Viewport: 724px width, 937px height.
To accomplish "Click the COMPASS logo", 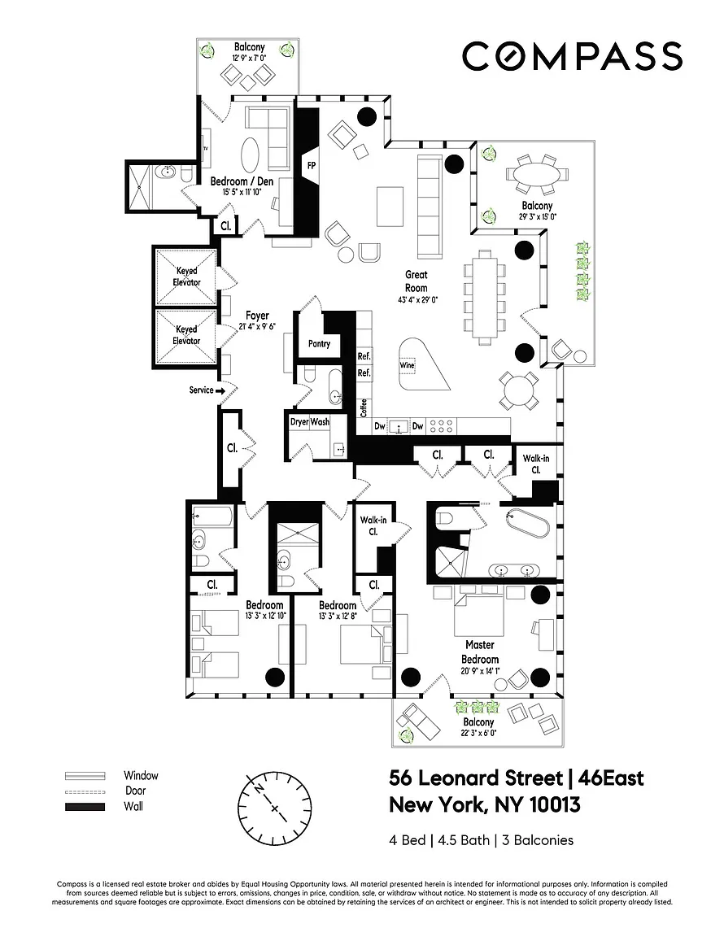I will (x=572, y=55).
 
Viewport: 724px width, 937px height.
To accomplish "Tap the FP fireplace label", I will (x=311, y=165).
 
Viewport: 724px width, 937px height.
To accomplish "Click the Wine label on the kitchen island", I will (x=408, y=365).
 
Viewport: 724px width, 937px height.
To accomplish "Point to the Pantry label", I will (x=320, y=344).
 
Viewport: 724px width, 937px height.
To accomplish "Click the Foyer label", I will (x=257, y=316).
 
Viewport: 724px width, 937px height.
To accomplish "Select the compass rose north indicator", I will (x=259, y=787).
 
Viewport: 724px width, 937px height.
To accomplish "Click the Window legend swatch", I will (x=85, y=776).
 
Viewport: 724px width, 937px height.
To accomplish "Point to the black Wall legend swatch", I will (x=85, y=807).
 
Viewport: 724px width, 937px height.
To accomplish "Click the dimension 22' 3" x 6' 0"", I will (x=478, y=733).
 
